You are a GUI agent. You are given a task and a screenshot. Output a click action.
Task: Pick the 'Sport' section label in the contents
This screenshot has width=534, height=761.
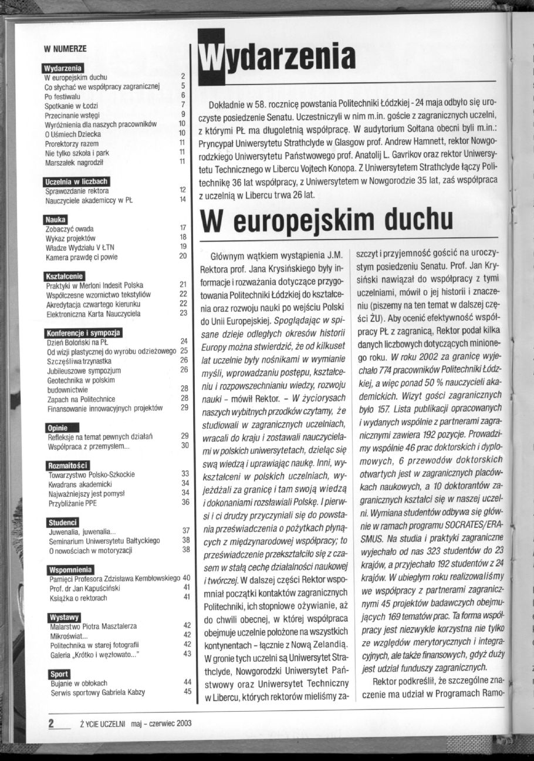58,674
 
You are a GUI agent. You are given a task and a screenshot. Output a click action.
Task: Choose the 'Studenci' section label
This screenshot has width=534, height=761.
62,522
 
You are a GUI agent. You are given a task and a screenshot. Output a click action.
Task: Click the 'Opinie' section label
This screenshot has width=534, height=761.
58,427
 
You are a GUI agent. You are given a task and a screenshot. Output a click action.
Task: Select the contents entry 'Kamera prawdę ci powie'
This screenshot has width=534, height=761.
82,255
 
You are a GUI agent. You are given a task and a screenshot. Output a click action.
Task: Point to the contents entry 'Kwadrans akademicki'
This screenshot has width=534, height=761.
80,483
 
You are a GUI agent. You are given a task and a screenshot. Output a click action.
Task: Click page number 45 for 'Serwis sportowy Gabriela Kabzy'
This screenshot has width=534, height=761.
188,691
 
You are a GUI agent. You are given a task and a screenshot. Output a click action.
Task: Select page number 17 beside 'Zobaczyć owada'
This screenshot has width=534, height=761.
182,228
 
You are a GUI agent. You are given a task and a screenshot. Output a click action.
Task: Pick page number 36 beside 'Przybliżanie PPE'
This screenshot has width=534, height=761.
185,502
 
